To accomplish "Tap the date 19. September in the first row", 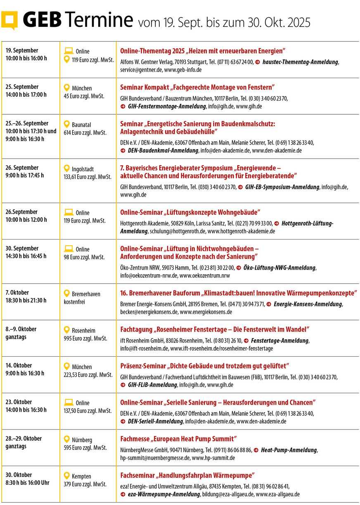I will (x=22, y=50).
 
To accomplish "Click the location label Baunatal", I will (x=81, y=124).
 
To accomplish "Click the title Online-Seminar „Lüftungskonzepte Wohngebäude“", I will (x=190, y=212).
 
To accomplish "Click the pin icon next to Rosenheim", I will (x=66, y=330).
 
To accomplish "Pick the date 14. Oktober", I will (x=19, y=365).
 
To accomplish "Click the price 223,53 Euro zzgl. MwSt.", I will (x=88, y=375).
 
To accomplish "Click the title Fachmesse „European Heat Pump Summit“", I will (x=178, y=439).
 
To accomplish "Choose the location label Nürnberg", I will (x=82, y=440).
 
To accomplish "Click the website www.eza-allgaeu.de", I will (x=278, y=494).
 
